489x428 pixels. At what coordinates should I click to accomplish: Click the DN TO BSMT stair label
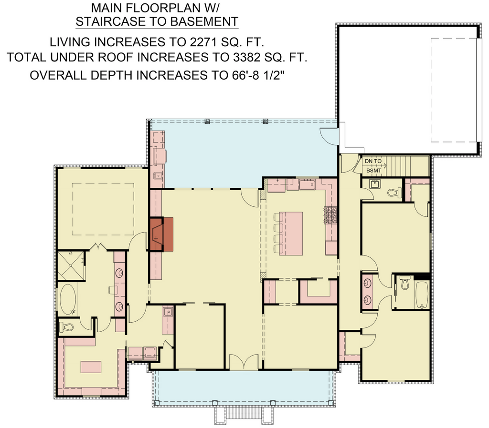tap(373, 166)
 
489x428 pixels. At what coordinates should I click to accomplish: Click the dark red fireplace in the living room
tap(161, 234)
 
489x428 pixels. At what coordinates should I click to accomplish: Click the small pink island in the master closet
tap(91, 367)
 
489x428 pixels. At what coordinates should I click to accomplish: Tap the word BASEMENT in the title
tap(200, 21)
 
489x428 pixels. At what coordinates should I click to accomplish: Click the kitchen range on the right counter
tap(331, 215)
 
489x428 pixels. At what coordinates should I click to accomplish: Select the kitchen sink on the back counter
tap(308, 184)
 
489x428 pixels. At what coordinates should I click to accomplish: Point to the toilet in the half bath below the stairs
tap(395, 193)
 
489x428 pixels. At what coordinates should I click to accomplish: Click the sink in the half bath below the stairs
tap(374, 184)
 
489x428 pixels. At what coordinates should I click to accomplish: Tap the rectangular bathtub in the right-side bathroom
tap(422, 295)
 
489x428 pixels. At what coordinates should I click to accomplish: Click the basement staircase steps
tap(407, 166)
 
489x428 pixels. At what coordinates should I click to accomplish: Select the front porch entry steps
tap(244, 416)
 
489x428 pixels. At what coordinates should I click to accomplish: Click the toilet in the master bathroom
tap(66, 327)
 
